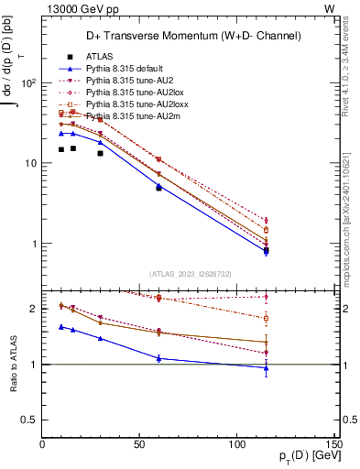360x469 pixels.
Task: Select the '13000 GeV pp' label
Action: (76, 8)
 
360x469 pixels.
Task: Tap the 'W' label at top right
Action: (329, 8)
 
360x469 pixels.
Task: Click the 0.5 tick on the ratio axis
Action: (29, 420)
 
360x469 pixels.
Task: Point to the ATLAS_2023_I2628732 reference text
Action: (189, 273)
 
